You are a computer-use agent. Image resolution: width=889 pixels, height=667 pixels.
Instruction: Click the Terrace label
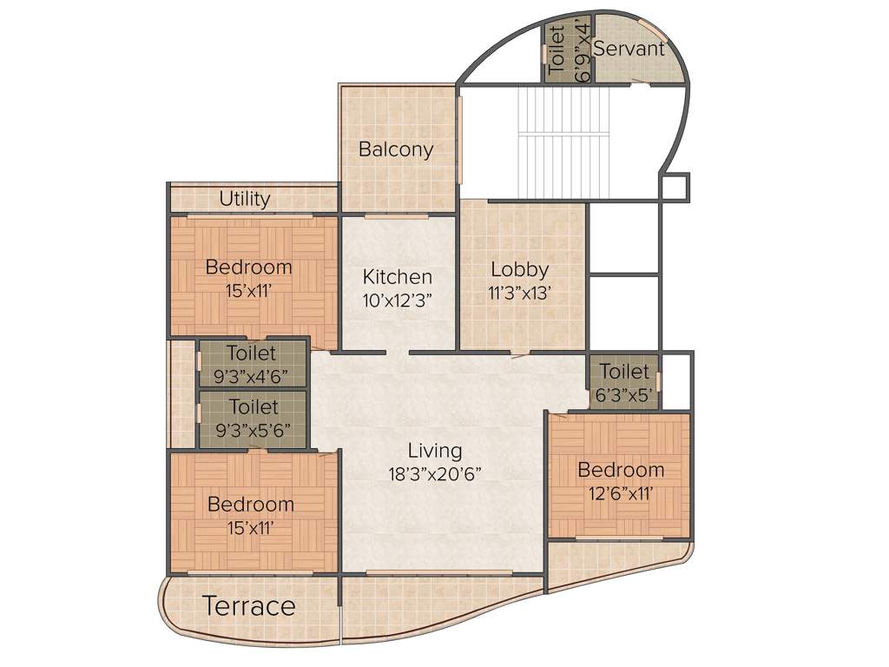coord(249,606)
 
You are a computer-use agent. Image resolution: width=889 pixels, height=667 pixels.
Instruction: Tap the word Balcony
coord(396,149)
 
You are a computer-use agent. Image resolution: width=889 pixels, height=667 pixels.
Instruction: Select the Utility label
coord(245,199)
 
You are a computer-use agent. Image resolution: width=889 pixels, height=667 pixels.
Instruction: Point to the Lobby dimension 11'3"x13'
coord(519,293)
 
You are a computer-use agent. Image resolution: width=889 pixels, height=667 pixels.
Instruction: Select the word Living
coord(435,451)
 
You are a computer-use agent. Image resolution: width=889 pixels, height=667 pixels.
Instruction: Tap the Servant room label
coord(629,49)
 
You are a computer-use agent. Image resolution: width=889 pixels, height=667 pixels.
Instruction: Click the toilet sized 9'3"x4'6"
coord(253,364)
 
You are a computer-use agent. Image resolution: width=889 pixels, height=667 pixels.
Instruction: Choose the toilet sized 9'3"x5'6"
coord(253,419)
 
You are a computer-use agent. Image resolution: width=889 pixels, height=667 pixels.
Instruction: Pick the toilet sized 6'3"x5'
coord(624,383)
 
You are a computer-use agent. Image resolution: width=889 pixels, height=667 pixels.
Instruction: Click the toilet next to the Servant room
coord(568,52)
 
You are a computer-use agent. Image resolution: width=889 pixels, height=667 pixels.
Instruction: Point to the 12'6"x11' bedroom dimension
coord(621,492)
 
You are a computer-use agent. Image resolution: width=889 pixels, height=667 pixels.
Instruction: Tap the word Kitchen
coord(398,277)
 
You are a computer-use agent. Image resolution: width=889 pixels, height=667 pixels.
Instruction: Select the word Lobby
coord(519,269)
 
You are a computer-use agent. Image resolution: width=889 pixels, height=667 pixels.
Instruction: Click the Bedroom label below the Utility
coord(249,267)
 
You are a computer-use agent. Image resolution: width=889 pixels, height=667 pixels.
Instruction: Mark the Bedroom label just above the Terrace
coord(251,504)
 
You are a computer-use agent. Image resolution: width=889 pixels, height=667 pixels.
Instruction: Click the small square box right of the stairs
coord(674,187)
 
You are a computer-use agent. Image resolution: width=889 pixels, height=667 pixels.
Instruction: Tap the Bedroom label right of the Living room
coord(621,470)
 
